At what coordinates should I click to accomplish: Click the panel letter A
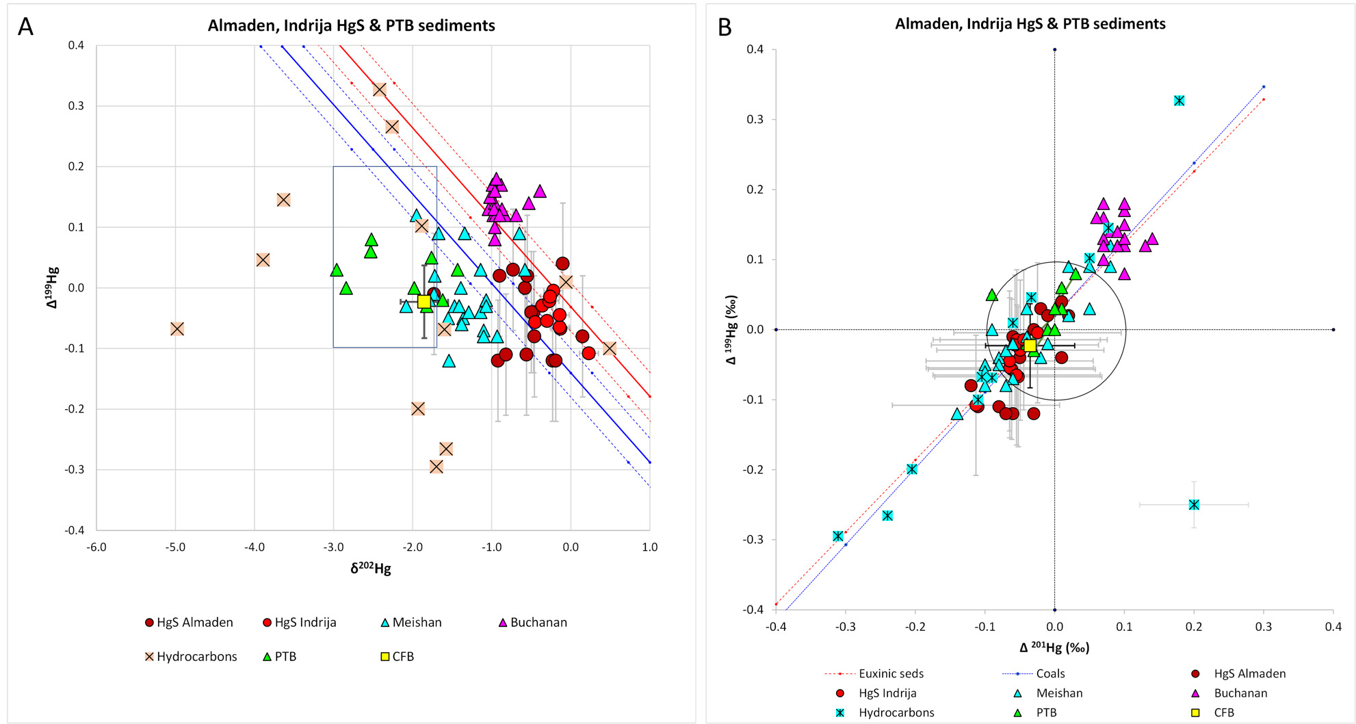pos(25,27)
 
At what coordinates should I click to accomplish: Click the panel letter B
pos(725,27)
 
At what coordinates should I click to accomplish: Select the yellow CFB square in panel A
pos(424,302)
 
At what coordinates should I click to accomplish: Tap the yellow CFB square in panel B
pos(1030,346)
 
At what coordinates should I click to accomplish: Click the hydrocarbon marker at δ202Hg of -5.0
pos(177,329)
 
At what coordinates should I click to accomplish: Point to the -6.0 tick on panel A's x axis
pos(96,547)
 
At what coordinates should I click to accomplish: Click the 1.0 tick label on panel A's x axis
pos(649,547)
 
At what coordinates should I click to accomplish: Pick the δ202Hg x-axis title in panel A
pos(371,569)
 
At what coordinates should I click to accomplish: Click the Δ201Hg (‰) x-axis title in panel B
pos(1054,647)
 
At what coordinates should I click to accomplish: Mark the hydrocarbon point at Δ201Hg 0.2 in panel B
pos(1194,505)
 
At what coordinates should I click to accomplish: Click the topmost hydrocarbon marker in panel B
pos(1179,101)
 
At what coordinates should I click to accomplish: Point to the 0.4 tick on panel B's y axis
pos(755,49)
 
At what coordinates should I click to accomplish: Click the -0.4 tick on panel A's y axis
pos(75,530)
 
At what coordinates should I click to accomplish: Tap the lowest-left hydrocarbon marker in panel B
pos(838,536)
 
